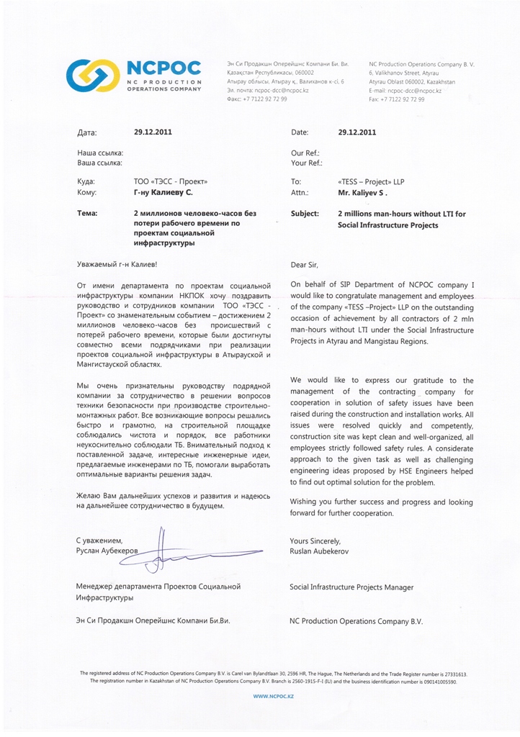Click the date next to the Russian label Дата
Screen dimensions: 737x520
click(x=153, y=132)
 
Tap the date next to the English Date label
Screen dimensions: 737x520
click(x=357, y=132)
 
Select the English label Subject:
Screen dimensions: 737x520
click(x=305, y=214)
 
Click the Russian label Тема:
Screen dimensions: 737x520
click(x=87, y=214)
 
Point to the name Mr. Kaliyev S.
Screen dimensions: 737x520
click(x=363, y=193)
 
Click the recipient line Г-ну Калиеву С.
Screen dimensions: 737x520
click(x=163, y=193)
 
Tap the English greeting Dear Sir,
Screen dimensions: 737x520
click(x=303, y=265)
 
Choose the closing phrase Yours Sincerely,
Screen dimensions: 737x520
click(x=315, y=540)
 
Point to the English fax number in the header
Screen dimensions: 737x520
click(x=397, y=99)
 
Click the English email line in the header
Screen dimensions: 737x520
click(x=405, y=91)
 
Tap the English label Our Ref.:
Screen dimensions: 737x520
click(x=305, y=153)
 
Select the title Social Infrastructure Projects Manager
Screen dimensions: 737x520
click(x=351, y=587)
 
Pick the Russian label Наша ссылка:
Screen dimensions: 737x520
click(x=99, y=153)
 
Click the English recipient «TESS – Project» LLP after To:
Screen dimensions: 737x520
click(x=371, y=182)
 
